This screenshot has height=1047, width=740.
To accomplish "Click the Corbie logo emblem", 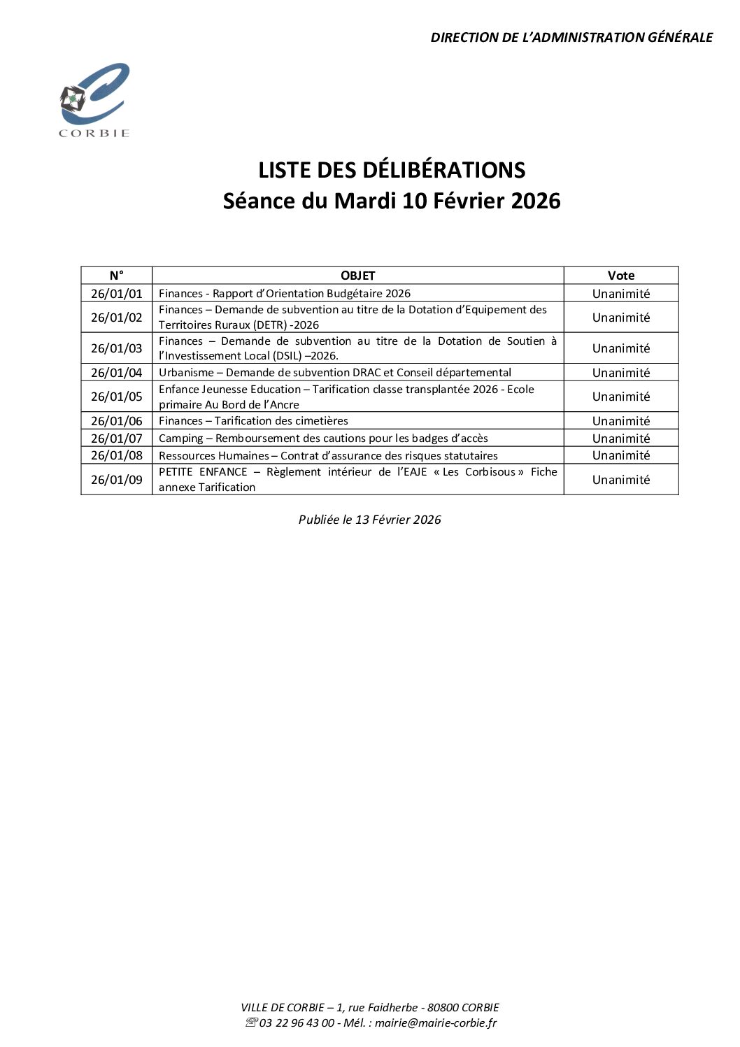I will pos(94,99).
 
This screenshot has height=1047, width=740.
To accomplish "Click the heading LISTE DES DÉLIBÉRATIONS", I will pos(392,170).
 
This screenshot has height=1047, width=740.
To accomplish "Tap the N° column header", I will pos(116,276).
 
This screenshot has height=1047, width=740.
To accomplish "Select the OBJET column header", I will pos(357,276).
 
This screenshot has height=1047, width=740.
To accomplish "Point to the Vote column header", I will pos(621,276).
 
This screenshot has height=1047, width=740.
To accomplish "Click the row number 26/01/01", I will pos(116,294).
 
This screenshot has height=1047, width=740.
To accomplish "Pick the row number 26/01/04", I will pos(116,373).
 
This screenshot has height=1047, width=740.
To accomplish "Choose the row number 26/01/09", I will pos(116,480).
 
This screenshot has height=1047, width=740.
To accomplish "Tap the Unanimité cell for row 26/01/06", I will pos(621,421).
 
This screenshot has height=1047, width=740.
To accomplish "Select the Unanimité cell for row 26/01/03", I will pos(621,348).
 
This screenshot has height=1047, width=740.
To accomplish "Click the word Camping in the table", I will pos(180,439).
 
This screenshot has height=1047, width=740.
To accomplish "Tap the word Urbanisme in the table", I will pos(186,373).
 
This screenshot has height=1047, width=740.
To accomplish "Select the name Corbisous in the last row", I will pos(490,472).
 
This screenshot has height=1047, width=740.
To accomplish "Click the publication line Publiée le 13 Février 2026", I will pos(369,520).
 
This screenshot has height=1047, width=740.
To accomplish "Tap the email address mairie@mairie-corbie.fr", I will pos(436,1023).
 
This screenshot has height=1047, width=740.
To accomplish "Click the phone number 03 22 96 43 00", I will pos(297,1023).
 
